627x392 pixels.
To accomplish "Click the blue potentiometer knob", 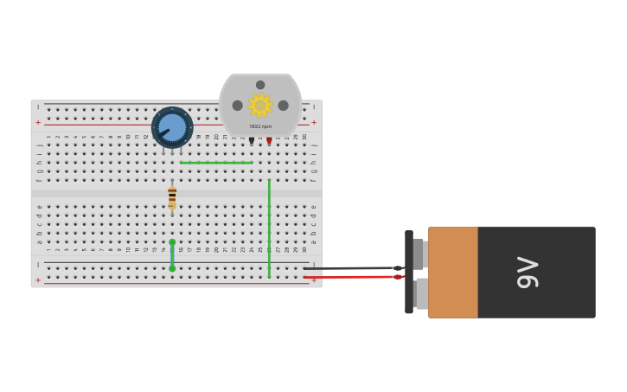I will tap(172, 127).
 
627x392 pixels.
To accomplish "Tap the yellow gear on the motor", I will tap(260, 106).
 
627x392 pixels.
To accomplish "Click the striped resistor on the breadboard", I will tap(172, 196).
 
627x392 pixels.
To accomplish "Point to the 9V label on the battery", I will tap(528, 273).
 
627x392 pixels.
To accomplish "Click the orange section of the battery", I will tap(453, 273).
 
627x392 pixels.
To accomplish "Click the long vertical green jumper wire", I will tap(269, 228).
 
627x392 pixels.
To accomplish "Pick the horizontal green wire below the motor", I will tap(216, 163).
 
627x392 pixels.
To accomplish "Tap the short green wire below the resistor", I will tap(172, 255).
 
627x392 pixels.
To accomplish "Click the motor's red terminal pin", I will tap(269, 140).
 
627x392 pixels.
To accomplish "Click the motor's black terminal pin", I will tap(252, 140).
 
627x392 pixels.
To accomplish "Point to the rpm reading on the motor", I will tap(260, 126).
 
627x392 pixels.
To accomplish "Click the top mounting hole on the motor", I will tap(260, 85).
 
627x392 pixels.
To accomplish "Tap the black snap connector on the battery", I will tap(409, 272).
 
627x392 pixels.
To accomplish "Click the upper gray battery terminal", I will tap(419, 254).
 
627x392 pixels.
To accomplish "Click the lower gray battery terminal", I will tap(421, 293).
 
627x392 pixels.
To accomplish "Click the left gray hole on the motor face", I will tap(238, 106).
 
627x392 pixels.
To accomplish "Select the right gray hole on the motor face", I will tap(283, 106).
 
